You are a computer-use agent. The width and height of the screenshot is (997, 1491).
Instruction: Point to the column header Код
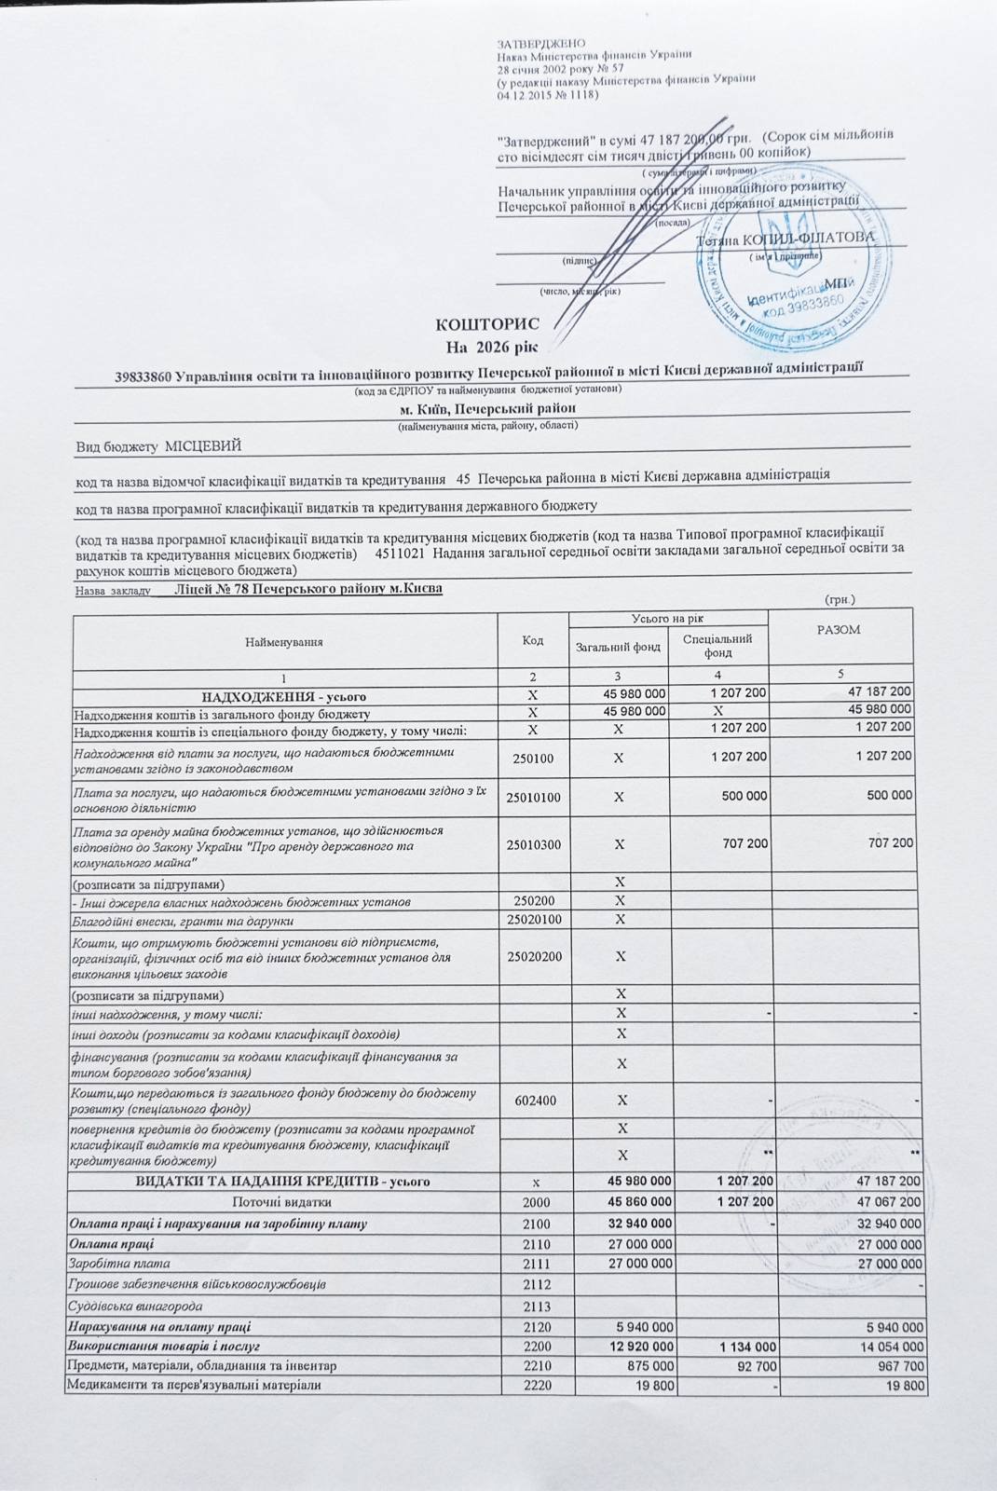pos(533,640)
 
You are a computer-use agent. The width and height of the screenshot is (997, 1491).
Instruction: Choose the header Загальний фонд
pos(619,647)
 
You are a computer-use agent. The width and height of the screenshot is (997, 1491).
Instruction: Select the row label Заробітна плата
pos(106,1264)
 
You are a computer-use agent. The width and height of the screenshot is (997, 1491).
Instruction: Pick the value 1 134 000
pos(743,1347)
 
